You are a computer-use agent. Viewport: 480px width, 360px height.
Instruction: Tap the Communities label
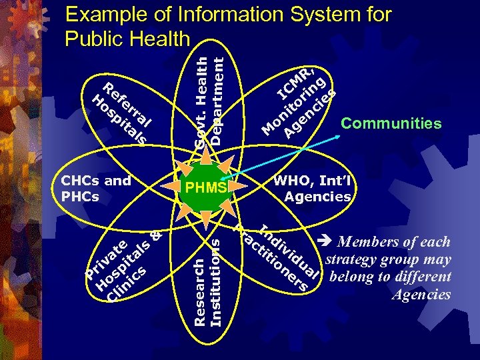[391, 123]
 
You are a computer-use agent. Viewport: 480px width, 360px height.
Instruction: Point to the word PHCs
[79, 196]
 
